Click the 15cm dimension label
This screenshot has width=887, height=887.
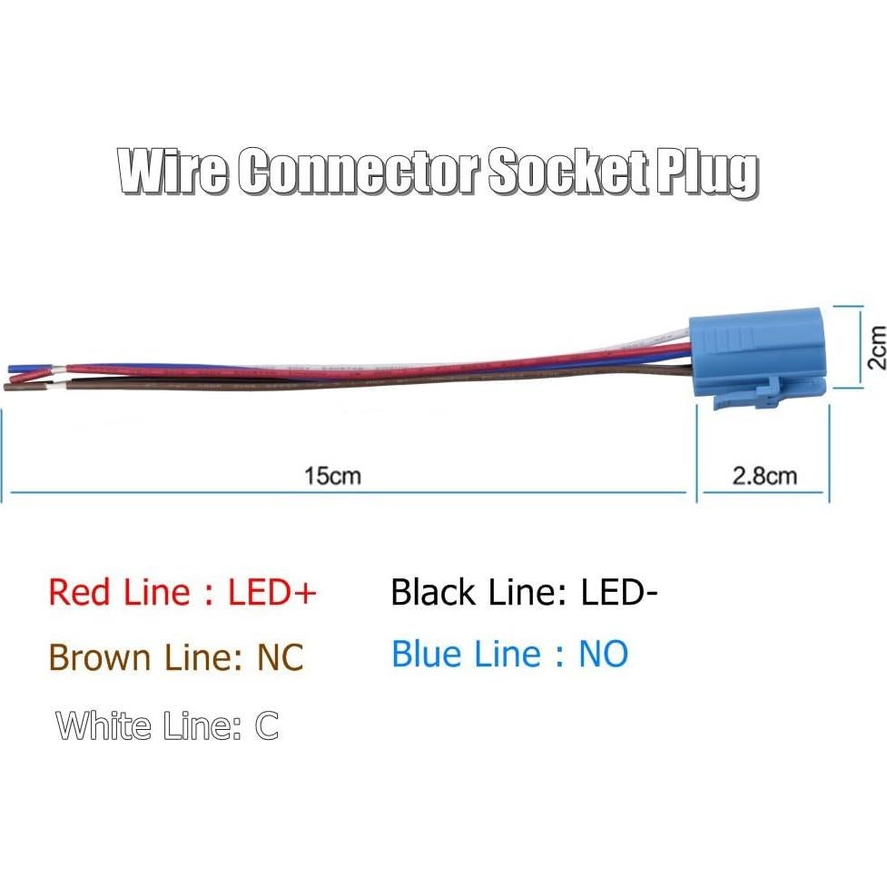coord(332,476)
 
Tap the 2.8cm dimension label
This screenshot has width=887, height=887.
coord(764,476)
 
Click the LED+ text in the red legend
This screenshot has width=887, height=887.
coord(272,593)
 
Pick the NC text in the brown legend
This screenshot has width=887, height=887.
coord(280,656)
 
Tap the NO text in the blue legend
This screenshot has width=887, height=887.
coord(604,654)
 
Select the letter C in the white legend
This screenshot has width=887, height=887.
coord(267,726)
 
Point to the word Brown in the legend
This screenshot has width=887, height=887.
coord(99,656)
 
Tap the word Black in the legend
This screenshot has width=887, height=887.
coord(433,593)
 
